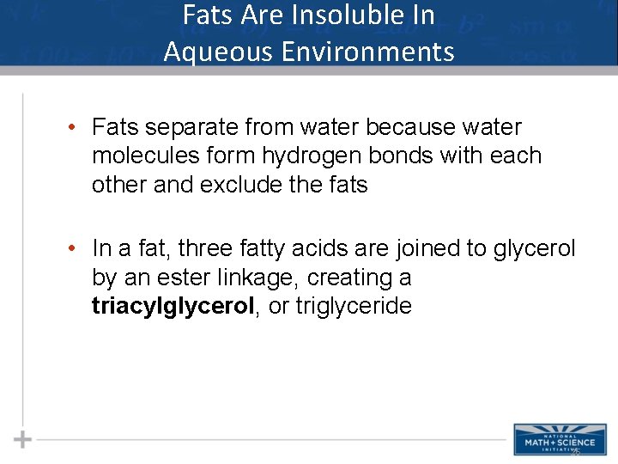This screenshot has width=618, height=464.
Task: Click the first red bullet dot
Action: pyautogui.click(x=76, y=128)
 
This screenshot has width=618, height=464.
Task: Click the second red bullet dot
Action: pyautogui.click(x=76, y=249)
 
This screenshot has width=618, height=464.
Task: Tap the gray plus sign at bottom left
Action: pyautogui.click(x=22, y=439)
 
